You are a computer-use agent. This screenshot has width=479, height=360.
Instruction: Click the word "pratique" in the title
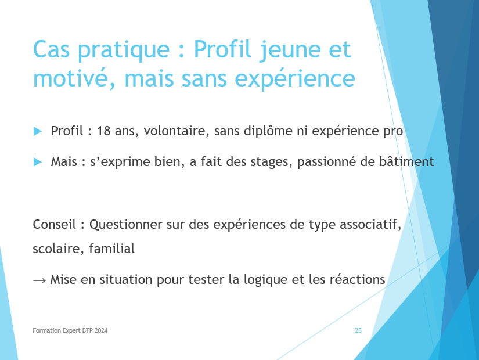click(x=124, y=50)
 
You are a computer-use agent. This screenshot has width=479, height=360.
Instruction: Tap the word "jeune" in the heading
click(x=290, y=50)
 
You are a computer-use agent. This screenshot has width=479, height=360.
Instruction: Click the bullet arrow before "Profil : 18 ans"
click(x=38, y=131)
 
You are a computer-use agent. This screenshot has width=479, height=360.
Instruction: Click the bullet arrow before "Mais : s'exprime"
click(x=38, y=162)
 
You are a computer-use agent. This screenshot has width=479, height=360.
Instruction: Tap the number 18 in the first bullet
click(x=103, y=131)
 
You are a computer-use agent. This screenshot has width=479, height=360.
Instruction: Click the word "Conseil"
click(x=55, y=224)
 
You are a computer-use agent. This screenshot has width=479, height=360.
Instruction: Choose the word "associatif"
click(x=370, y=225)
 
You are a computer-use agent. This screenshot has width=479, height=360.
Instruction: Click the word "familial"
click(x=112, y=249)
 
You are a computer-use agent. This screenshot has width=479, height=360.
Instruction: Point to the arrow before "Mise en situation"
click(x=39, y=280)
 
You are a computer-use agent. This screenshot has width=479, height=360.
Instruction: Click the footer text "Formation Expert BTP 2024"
click(x=70, y=330)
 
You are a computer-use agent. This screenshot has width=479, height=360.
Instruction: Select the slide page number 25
click(x=358, y=330)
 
